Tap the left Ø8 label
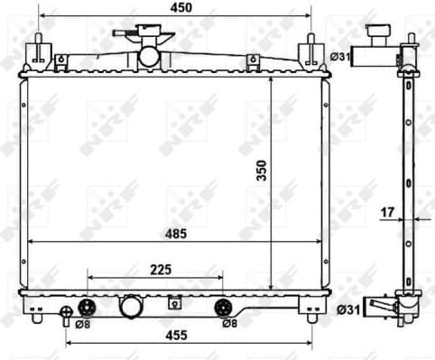[x=81, y=324]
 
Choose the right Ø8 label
[x=231, y=324]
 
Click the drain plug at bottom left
[x=65, y=316]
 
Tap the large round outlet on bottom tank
[x=134, y=307]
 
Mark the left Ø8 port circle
[x=88, y=306]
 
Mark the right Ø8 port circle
[x=222, y=306]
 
